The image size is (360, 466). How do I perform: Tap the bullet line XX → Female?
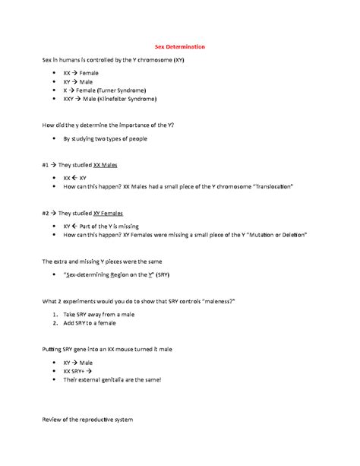81,72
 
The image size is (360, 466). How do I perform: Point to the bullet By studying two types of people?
105,139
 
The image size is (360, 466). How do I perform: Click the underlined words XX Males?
105,164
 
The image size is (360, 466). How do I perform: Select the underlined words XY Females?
108,214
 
